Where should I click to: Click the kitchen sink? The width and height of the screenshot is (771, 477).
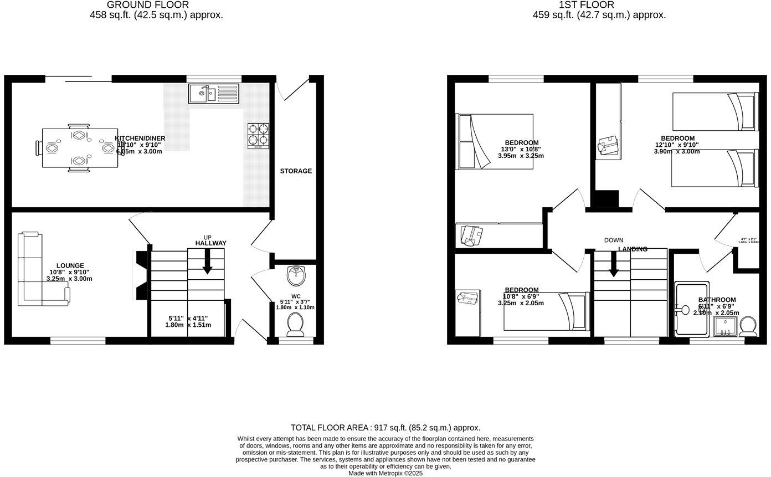point(213,94)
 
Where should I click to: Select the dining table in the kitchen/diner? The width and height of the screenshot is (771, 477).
point(80,148)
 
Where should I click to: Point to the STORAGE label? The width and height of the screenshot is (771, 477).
point(296,171)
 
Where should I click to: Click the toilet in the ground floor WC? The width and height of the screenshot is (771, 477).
point(295,324)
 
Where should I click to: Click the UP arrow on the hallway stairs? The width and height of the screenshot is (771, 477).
point(207,261)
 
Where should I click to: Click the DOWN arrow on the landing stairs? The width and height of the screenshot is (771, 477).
point(614,264)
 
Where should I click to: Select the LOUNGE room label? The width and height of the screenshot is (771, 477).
point(70,266)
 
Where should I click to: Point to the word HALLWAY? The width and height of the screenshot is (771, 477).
point(210,243)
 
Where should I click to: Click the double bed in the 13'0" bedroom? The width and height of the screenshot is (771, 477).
point(494,141)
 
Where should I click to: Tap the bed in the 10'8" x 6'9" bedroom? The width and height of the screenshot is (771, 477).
point(546,311)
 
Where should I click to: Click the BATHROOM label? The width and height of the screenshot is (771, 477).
point(717,300)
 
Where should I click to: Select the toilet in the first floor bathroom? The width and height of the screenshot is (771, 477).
point(748,327)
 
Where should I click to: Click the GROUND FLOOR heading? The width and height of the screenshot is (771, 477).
point(148,5)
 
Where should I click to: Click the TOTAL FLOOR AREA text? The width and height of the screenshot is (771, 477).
point(385,428)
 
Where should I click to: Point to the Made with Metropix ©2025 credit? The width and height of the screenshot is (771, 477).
point(385,473)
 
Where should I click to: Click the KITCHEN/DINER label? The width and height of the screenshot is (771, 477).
point(140,139)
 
